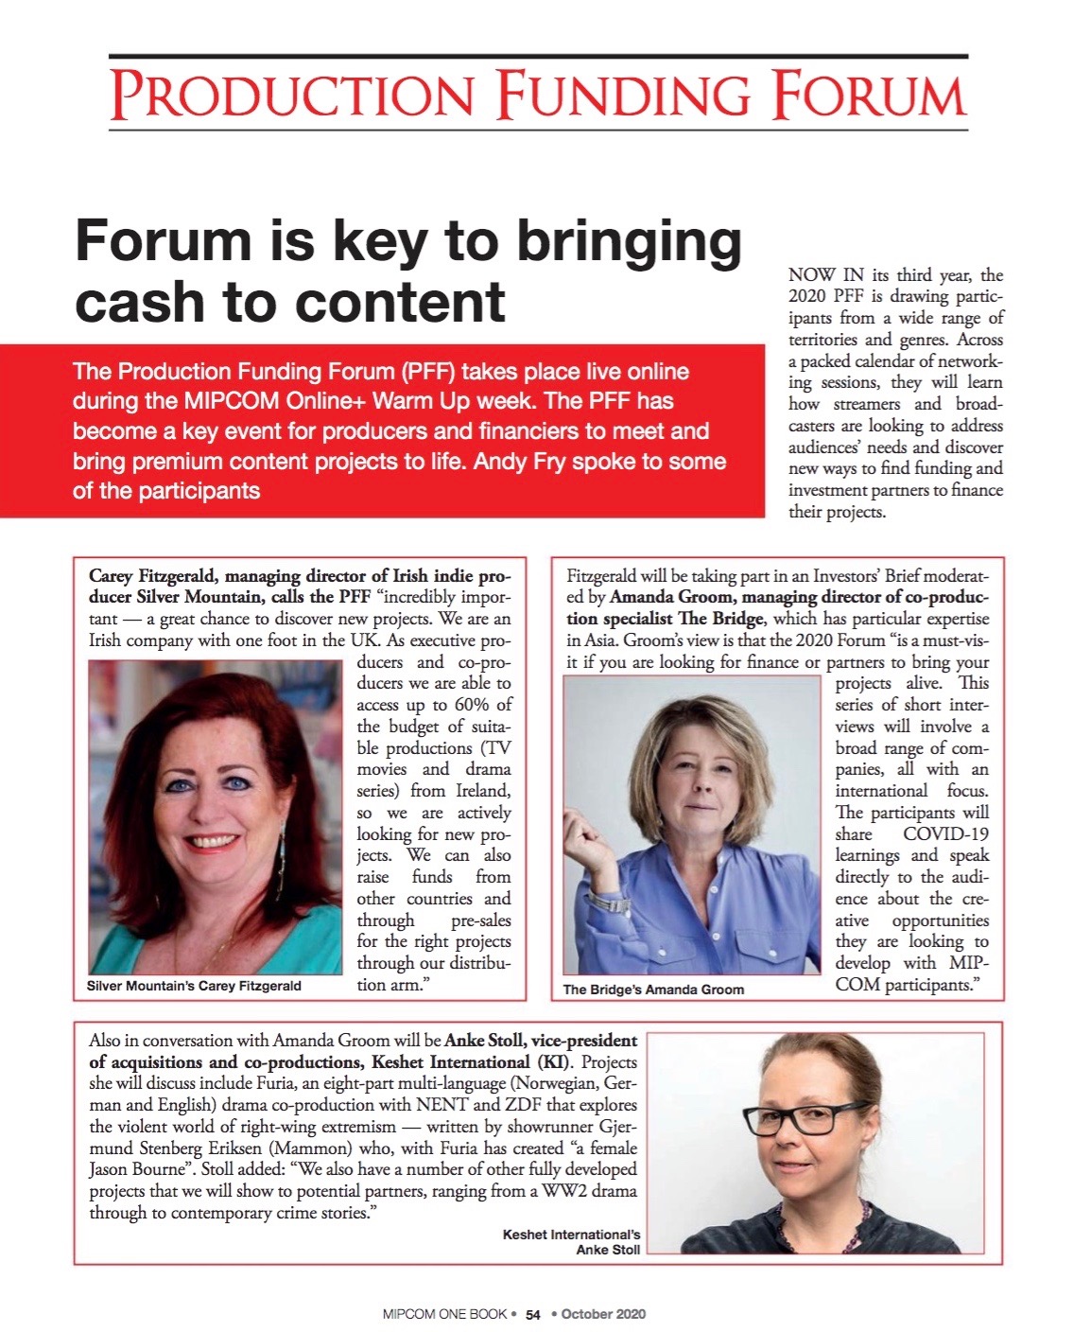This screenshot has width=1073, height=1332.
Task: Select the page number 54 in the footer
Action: pos(533,1314)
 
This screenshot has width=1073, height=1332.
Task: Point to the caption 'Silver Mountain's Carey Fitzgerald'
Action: pos(194,986)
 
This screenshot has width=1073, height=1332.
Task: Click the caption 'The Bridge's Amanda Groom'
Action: pos(653,990)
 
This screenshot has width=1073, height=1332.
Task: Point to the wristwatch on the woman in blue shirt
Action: pos(610,902)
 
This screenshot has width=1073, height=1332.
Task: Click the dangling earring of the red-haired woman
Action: pos(282,861)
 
